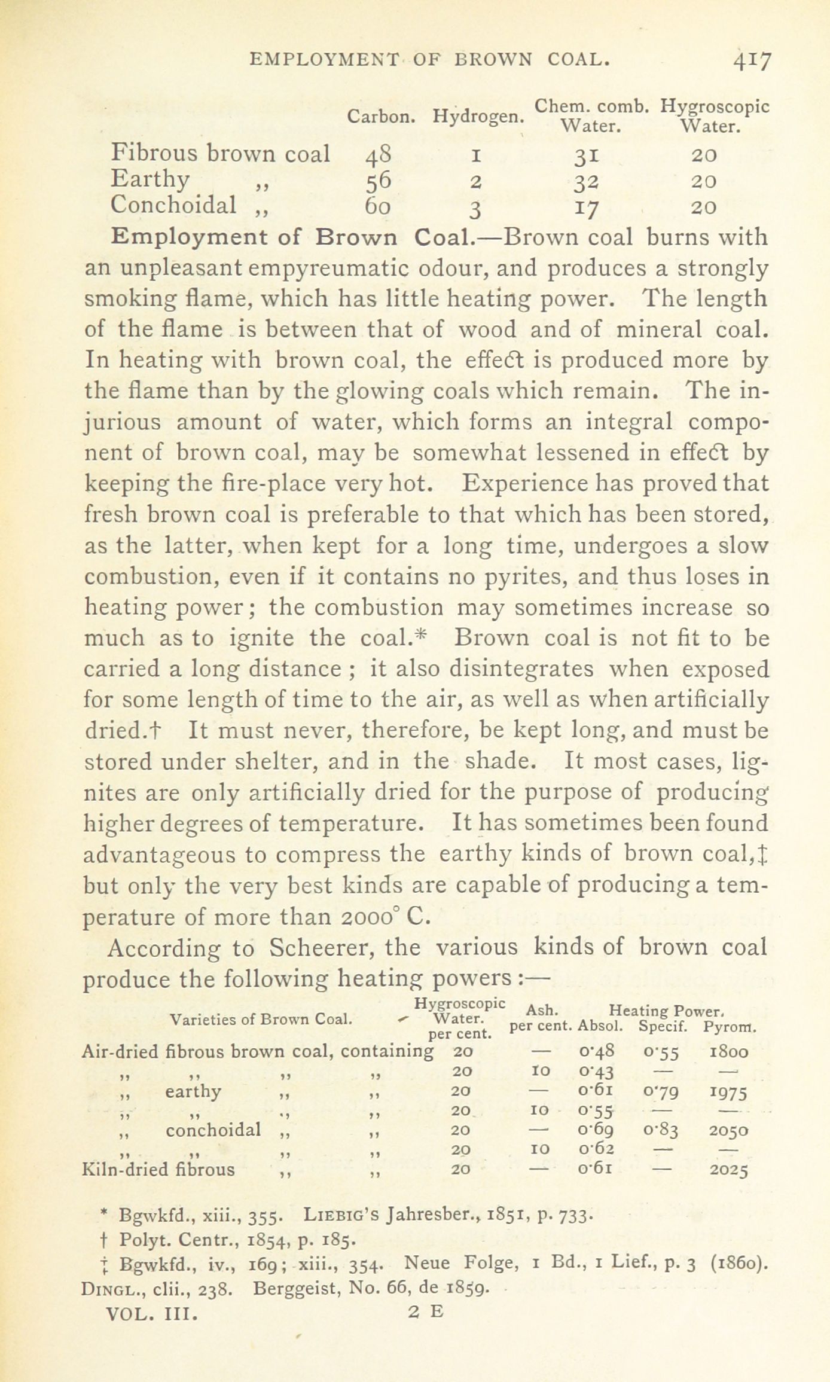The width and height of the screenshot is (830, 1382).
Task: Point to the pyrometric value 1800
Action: [728, 1051]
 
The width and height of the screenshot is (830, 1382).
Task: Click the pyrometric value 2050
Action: [728, 1130]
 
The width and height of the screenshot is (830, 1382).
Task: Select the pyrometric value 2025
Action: [728, 1169]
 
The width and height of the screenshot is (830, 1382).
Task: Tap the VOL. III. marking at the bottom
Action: [151, 1312]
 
